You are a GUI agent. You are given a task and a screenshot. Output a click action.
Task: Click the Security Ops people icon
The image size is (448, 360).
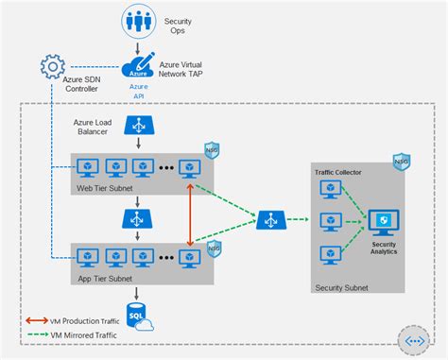point(140,21)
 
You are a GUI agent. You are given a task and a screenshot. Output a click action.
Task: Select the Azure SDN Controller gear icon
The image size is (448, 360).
point(53,67)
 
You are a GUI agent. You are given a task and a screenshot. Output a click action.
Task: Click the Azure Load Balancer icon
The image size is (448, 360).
point(140,125)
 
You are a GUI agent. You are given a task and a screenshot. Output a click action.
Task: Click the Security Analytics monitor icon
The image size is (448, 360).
point(384,223)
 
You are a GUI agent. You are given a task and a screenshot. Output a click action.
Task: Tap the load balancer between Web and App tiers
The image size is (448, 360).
point(140,219)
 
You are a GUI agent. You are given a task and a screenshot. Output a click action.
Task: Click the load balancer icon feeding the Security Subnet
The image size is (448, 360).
point(272,221)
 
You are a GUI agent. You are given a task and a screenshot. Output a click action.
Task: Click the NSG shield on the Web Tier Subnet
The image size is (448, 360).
point(212,151)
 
